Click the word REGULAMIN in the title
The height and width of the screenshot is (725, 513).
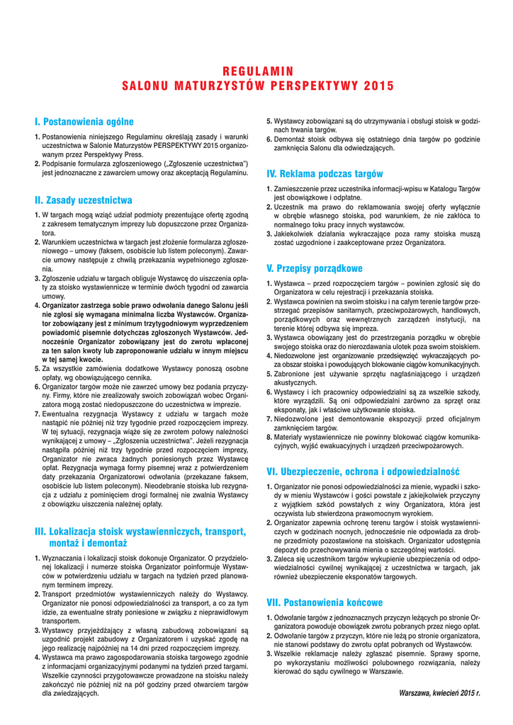[x=257, y=70]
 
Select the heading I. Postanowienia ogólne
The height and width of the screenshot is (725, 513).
[x=84, y=122]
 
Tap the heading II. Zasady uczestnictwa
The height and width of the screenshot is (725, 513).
[x=84, y=200]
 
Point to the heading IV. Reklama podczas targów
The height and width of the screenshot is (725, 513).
[x=325, y=173]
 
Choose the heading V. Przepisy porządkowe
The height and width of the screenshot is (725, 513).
[x=314, y=268]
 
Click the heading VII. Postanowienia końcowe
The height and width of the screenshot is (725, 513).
[x=325, y=603]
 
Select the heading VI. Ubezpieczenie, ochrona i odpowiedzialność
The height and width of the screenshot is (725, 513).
[x=363, y=471]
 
